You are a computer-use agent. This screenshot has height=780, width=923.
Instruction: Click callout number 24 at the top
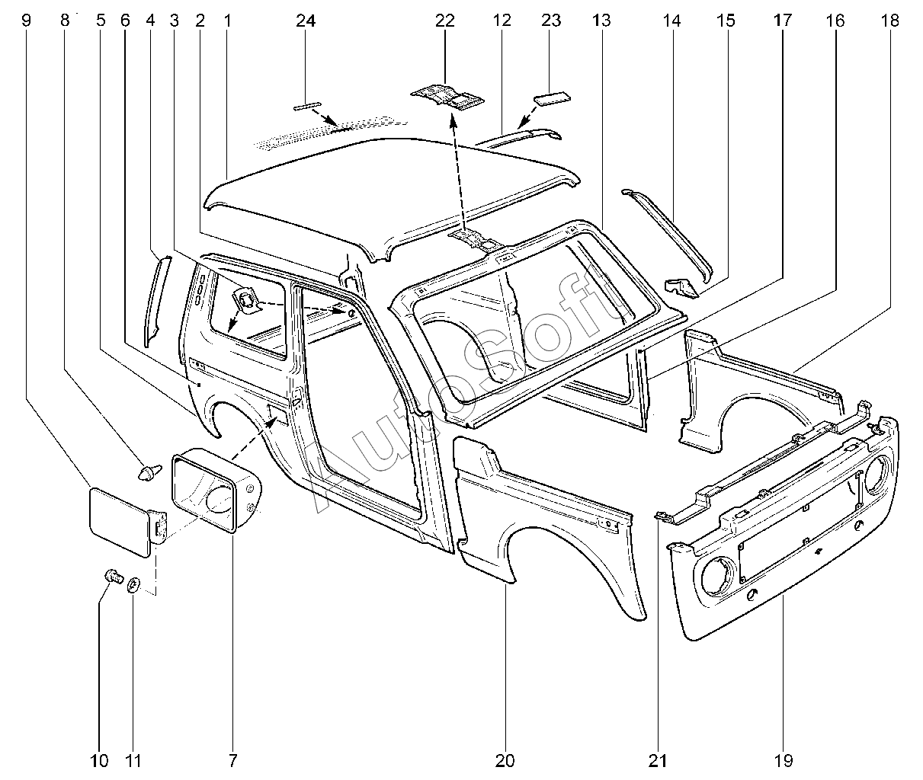click(x=306, y=21)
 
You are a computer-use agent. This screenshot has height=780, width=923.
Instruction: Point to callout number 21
click(x=658, y=759)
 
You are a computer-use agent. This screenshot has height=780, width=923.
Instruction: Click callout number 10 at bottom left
click(x=99, y=759)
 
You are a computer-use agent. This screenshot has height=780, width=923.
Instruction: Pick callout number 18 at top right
click(x=889, y=21)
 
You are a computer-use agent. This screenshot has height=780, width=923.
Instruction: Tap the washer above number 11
click(x=132, y=585)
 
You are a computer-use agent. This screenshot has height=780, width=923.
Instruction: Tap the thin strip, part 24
click(x=307, y=106)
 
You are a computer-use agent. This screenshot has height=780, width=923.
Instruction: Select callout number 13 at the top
click(x=601, y=21)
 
